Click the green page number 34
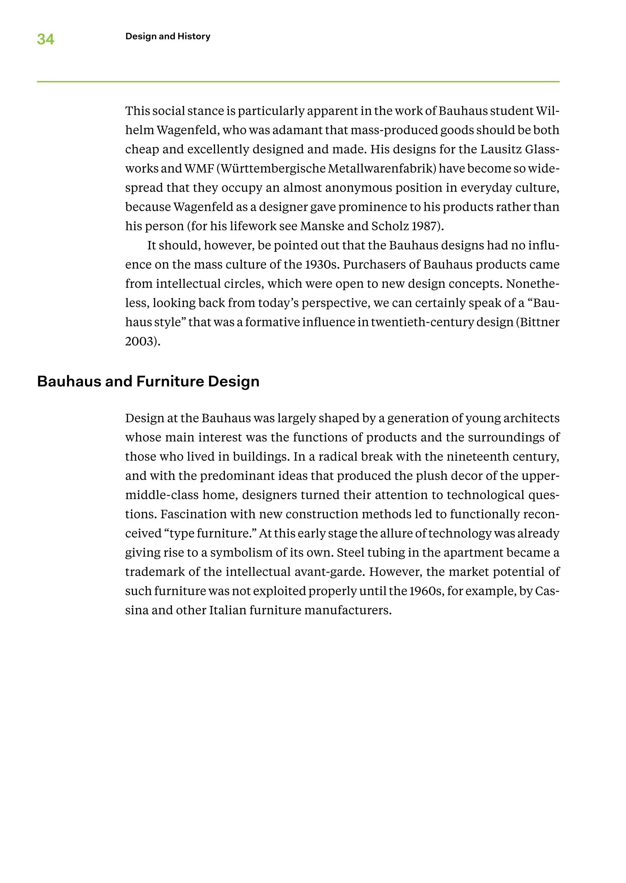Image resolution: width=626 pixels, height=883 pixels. tap(46, 39)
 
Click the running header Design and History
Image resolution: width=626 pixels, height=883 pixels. tap(168, 36)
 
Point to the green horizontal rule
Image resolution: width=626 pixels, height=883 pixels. tap(298, 82)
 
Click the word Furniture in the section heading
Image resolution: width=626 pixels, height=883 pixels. tap(170, 381)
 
